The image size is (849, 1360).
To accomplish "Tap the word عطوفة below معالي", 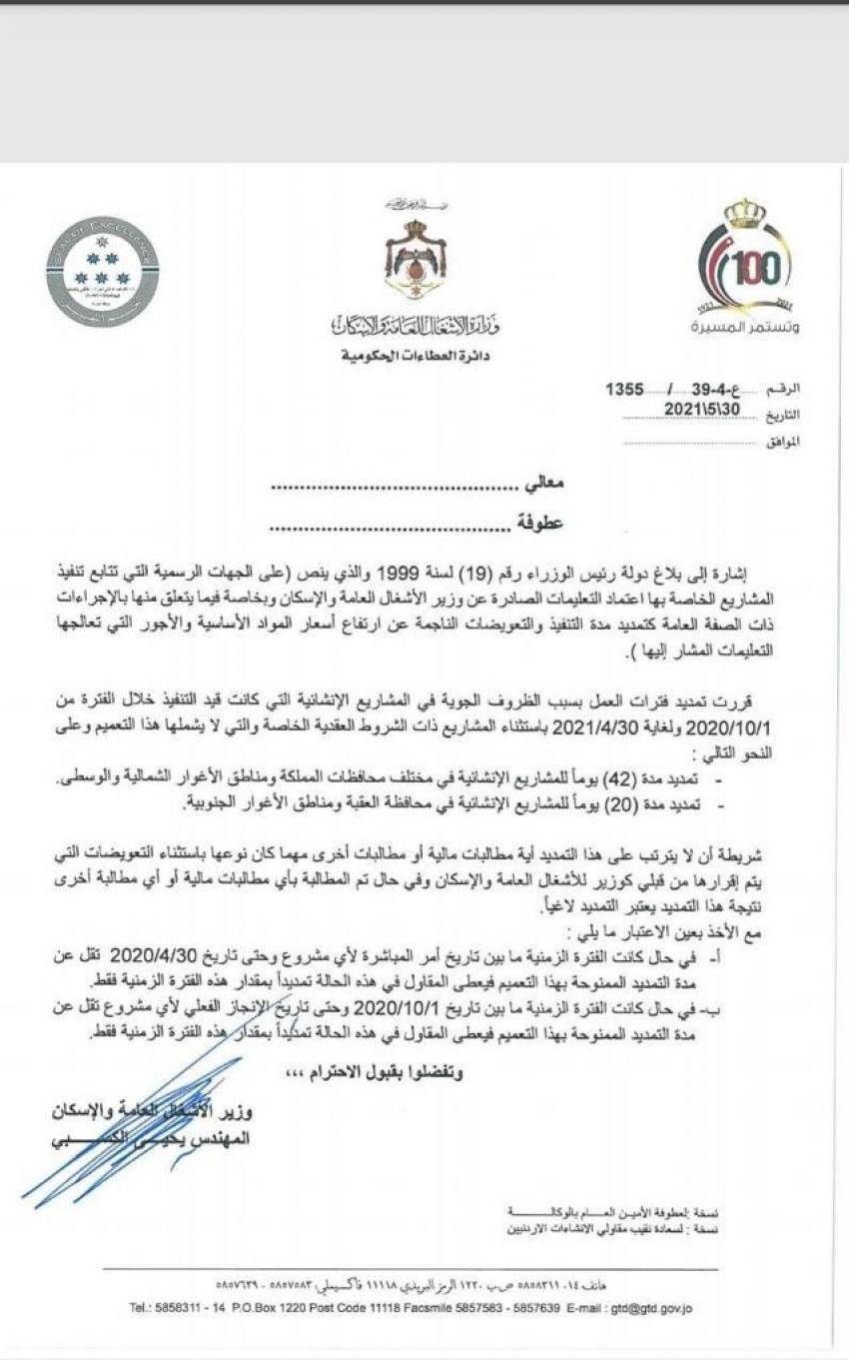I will coord(539,522).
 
